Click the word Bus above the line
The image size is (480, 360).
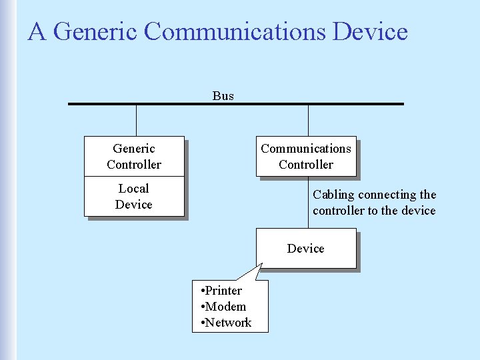click(223, 96)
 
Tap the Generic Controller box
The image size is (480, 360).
click(134, 157)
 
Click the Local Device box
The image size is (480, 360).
click(134, 197)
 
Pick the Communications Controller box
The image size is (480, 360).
click(306, 157)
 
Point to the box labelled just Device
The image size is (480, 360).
click(306, 249)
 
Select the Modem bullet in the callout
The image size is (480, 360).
click(223, 307)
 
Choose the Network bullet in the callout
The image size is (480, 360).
click(226, 323)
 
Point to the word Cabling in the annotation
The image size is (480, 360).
click(334, 195)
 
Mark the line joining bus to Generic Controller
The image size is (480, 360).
click(137, 121)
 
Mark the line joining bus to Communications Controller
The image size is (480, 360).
click(309, 121)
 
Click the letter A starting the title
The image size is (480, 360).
click(36, 31)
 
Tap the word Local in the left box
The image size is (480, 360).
click(134, 189)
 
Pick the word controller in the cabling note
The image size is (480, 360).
click(338, 211)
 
